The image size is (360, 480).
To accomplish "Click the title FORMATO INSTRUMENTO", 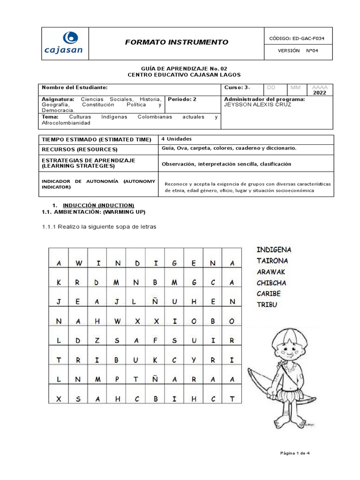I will coord(176,42).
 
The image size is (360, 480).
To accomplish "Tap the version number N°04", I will coord(312,52).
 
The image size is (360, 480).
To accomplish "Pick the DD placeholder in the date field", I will coord(271,87).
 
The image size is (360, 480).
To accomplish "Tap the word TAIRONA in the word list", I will coord(272,261).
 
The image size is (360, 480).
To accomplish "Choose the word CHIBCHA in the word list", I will coord(271,283).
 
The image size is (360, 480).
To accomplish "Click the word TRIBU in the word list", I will coord(267,305).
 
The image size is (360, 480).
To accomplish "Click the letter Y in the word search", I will coord(193,360).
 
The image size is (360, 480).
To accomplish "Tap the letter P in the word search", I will coord(117,379).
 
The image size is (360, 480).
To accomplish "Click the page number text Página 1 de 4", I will coord(295,453).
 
